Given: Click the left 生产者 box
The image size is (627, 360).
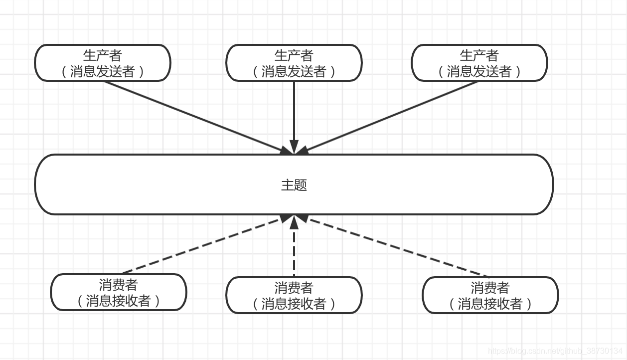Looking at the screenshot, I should (x=102, y=63).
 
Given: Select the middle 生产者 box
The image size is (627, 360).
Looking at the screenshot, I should (x=294, y=63).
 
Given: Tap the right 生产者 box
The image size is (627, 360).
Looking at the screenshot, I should (x=479, y=63).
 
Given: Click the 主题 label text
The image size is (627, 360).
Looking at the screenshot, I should (x=294, y=185).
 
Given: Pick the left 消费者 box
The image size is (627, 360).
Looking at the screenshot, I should (x=119, y=292).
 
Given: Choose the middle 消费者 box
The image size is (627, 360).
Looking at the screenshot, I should (x=294, y=295).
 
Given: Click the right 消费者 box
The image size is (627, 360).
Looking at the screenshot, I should (x=490, y=295).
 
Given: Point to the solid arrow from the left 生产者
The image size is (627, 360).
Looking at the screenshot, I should (x=194, y=116).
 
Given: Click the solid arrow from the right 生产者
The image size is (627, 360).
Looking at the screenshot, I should (x=391, y=116).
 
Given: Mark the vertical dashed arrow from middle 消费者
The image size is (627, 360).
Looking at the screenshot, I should (x=294, y=249).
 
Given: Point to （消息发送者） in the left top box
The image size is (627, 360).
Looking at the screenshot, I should (x=102, y=72).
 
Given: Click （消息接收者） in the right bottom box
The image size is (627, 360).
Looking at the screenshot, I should (x=490, y=304).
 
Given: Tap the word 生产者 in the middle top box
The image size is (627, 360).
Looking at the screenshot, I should (x=294, y=55).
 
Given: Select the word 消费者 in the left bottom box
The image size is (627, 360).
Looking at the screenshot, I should (x=119, y=285).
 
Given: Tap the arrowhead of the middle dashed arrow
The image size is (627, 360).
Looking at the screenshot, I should (x=294, y=220).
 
